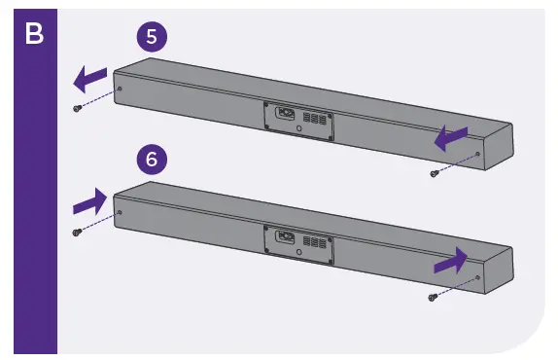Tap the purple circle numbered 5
pyautogui.click(x=151, y=37)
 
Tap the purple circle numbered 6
pyautogui.click(x=151, y=159)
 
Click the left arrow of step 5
pyautogui.click(x=91, y=76)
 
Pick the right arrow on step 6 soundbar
pyautogui.click(x=450, y=260)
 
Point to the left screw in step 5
pyautogui.click(x=77, y=109)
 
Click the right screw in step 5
pyautogui.click(x=434, y=173)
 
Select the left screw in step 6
pyautogui.click(x=77, y=233)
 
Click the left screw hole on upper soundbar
pyautogui.click(x=120, y=89)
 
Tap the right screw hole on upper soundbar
pyautogui.click(x=478, y=153)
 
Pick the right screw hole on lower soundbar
pyautogui.click(x=478, y=276)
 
